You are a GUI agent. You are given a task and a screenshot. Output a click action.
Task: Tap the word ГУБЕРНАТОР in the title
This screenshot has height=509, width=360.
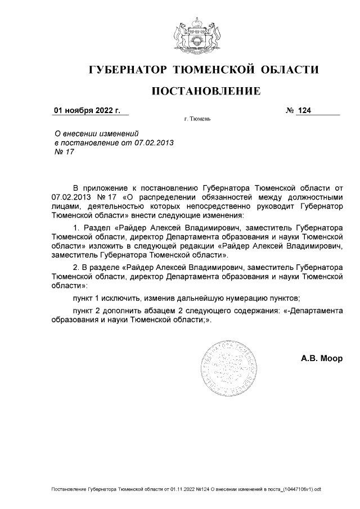(129, 70)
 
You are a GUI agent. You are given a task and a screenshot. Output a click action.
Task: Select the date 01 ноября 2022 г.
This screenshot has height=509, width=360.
(87, 110)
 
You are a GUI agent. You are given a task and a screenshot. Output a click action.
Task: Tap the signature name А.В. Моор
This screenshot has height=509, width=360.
(322, 358)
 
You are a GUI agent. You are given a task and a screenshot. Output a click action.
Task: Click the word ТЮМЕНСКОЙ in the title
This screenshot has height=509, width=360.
(211, 70)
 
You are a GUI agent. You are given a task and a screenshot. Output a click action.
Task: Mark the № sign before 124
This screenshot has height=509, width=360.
(290, 111)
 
